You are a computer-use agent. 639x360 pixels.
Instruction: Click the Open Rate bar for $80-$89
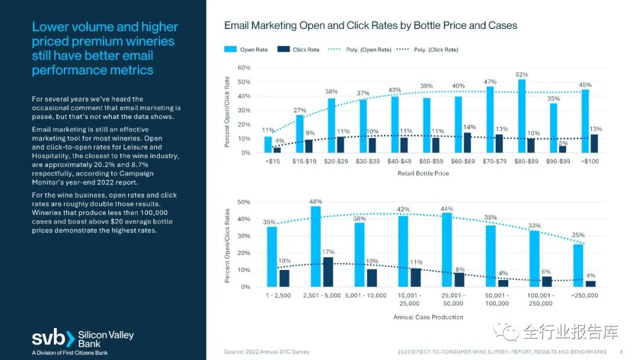coord(522,116)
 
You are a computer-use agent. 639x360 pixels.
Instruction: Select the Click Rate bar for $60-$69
coord(467,143)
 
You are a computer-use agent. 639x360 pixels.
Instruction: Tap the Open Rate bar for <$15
coord(268,144)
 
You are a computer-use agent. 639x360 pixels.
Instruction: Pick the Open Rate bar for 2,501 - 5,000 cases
coord(316,246)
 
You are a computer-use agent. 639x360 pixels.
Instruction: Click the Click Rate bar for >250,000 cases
coord(590,284)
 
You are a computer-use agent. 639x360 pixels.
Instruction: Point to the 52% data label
coord(522,75)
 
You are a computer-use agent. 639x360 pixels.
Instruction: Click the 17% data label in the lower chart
coord(328,252)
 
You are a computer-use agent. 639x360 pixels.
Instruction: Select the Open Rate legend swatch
coord(230,50)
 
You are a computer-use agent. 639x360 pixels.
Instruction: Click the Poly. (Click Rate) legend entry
coord(435,50)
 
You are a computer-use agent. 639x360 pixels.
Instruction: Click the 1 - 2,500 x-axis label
coord(278,295)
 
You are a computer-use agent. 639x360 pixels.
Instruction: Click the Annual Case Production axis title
coord(428,317)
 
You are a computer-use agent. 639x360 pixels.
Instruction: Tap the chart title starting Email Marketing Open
coord(370,26)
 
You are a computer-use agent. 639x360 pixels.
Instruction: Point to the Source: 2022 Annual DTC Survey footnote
coord(267,352)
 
